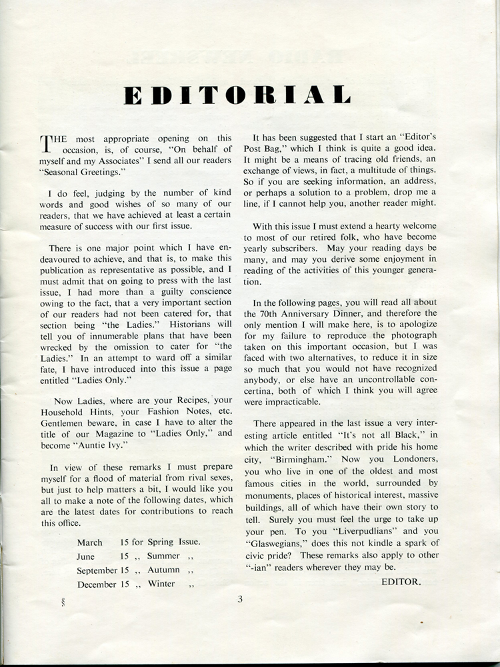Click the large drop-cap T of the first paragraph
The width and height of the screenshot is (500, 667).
[46, 143]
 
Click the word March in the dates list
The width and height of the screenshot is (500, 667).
[90, 542]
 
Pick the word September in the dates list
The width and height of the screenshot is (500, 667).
[97, 570]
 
